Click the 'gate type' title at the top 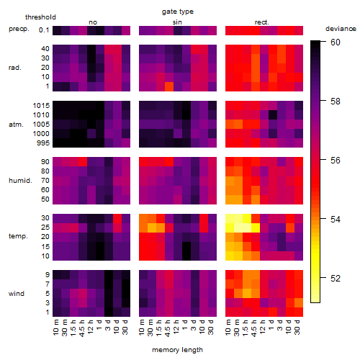178,12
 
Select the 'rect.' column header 261,22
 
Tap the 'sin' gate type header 177,22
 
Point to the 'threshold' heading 40,17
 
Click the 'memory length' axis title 177,350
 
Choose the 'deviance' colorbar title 341,29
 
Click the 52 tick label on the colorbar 336,279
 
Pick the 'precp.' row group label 19,29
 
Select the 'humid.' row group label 20,181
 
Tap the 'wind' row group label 17,294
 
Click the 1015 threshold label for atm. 41,106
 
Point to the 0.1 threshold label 44,30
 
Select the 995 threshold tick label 43,143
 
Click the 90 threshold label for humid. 45,162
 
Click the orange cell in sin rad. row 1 169,86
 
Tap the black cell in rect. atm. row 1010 273,115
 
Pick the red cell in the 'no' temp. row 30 117,219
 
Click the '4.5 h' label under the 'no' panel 81,328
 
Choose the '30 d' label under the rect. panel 297,327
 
